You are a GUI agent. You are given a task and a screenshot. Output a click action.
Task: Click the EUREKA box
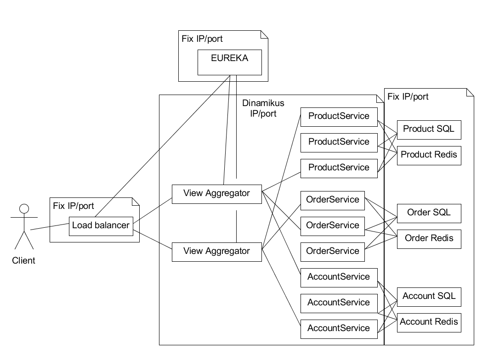click(x=229, y=62)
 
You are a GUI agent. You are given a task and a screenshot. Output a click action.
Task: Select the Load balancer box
click(x=101, y=225)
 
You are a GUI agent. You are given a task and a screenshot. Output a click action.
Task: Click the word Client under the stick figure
click(x=23, y=261)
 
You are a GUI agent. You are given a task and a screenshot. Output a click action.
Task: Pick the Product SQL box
click(x=428, y=129)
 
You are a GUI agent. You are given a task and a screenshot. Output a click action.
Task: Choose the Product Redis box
click(x=428, y=155)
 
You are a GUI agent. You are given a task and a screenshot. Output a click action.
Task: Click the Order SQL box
click(x=428, y=213)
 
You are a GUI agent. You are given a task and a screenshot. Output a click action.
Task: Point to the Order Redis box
click(x=428, y=238)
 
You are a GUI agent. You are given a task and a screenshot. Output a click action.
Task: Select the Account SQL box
click(x=428, y=296)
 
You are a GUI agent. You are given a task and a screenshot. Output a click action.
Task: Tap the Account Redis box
click(x=428, y=321)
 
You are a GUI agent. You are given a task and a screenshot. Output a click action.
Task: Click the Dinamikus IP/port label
click(x=260, y=108)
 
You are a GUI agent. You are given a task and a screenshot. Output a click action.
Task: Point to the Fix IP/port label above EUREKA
click(x=202, y=39)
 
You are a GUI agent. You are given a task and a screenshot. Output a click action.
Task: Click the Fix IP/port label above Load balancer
click(x=74, y=206)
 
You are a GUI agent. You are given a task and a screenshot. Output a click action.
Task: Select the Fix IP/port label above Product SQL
click(x=408, y=96)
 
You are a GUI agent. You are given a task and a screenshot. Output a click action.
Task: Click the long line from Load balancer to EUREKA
click(x=161, y=147)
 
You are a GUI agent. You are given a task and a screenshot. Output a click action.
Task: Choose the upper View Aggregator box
click(x=216, y=193)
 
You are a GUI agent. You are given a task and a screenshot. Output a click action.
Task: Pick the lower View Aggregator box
click(x=216, y=251)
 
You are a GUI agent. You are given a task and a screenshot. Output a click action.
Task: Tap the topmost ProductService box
click(x=339, y=116)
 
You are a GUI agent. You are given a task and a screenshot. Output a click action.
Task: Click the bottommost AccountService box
click(x=339, y=328)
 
